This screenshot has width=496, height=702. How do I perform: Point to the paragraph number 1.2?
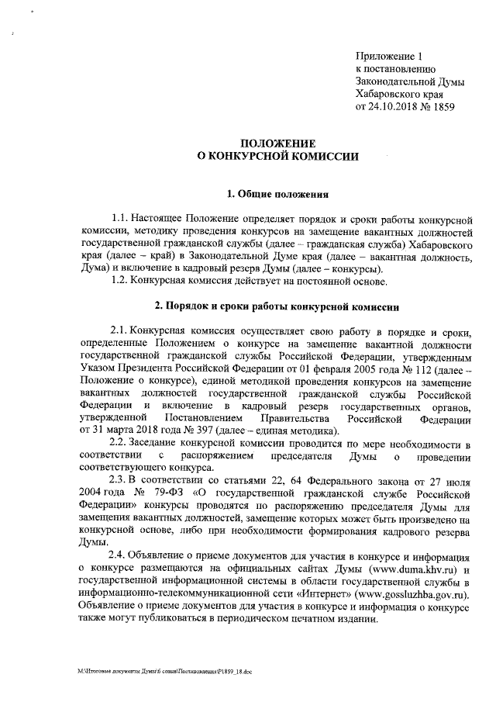(122, 280)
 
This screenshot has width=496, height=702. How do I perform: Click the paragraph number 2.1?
(122, 332)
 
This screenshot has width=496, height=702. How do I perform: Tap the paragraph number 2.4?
(122, 558)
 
